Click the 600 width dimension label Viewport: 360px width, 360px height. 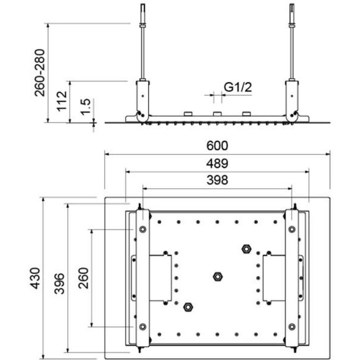coord(217,145)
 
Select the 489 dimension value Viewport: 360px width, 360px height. coord(217,163)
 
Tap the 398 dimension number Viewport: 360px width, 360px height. coord(217,180)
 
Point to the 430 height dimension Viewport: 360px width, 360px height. coord(35,278)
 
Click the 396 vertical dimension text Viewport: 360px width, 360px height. coord(59,283)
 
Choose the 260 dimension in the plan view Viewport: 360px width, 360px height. coord(84,278)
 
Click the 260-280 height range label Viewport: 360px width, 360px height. coord(40,73)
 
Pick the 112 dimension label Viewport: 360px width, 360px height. coord(62,101)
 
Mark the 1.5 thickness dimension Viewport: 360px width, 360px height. coord(85,107)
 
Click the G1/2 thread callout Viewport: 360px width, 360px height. coord(238,87)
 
